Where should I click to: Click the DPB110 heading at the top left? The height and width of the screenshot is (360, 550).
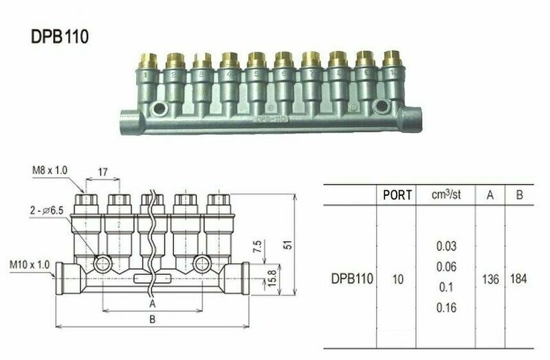59,36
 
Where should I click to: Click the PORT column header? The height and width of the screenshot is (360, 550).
397,194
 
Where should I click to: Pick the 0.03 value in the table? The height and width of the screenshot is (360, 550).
446,245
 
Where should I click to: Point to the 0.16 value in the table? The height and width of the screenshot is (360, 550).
446,308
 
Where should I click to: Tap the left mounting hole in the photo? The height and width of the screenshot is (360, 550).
160,107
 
